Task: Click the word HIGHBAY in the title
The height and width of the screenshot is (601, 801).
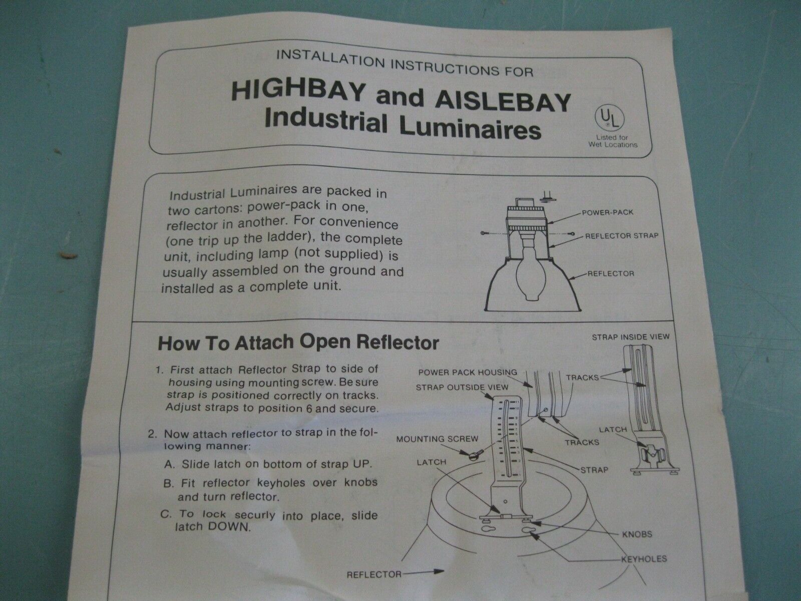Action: tap(299, 92)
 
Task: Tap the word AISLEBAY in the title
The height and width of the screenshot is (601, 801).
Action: tap(503, 102)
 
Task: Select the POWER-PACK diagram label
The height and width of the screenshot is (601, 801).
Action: tap(607, 212)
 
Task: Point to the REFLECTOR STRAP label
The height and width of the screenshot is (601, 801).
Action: tap(622, 236)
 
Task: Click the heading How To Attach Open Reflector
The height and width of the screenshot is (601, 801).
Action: tap(298, 343)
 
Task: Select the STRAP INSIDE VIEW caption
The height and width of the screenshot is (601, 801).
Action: tap(631, 337)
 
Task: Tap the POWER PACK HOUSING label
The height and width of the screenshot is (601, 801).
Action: tap(468, 372)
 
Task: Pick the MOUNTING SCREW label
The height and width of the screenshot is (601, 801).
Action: tap(437, 439)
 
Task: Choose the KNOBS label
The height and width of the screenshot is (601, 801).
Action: tap(637, 534)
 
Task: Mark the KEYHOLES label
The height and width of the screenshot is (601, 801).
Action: tap(644, 559)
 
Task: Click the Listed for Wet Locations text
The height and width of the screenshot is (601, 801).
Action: tap(613, 141)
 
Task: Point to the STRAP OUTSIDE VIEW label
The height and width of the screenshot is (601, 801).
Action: tap(462, 387)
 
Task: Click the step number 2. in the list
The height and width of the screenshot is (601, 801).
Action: tap(153, 434)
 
